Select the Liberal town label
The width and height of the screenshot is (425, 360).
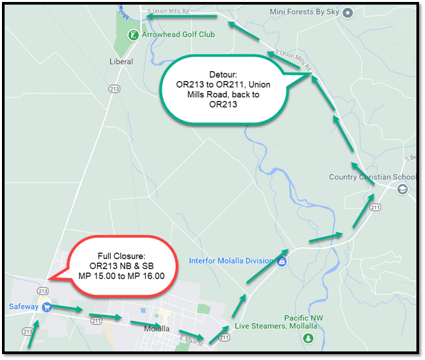coord(121,61)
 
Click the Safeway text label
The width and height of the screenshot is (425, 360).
coord(22,307)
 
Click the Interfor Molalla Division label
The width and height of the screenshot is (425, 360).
coord(230,260)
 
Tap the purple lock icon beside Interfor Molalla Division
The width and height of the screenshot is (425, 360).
coord(281,261)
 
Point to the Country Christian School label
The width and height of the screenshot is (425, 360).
coord(373,177)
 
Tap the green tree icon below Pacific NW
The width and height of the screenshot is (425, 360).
coord(308,338)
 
